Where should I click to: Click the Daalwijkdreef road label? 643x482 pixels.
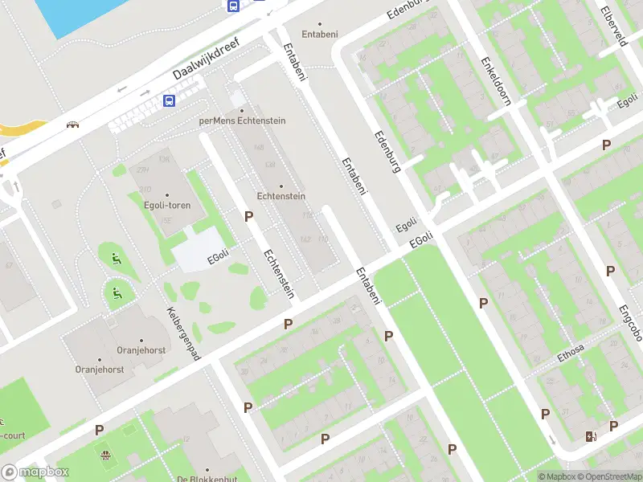click(x=208, y=60)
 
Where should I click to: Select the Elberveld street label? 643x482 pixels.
click(x=612, y=26)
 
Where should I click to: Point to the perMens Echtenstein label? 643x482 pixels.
click(x=242, y=120)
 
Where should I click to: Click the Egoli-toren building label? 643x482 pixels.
click(x=168, y=206)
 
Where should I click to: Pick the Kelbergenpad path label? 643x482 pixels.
click(x=183, y=333)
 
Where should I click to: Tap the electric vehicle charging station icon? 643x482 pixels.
click(x=592, y=436)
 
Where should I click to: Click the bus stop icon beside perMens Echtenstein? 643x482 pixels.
click(x=170, y=100)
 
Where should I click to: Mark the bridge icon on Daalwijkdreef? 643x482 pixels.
click(x=74, y=125)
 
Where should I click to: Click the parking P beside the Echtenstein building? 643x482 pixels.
click(x=249, y=216)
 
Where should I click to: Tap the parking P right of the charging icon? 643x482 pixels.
click(x=614, y=426)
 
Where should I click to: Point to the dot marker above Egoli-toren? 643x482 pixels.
click(x=168, y=195)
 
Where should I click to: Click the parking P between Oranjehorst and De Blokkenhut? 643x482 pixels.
click(x=100, y=430)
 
